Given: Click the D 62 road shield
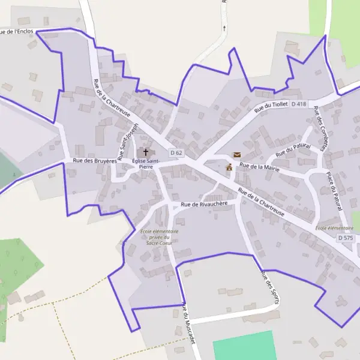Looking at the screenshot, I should click(176, 153).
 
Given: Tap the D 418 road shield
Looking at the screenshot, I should click(299, 104).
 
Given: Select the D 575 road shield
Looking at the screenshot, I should click(346, 238).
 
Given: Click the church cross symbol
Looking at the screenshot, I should click(145, 153).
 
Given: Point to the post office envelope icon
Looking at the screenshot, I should click(237, 155).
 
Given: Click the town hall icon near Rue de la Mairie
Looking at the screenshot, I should click(229, 167).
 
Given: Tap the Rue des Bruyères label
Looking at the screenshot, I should click(94, 161).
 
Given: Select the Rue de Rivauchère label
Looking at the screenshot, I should click(205, 204).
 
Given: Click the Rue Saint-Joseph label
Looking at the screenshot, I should click(128, 142).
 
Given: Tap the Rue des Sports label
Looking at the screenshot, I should click(269, 287).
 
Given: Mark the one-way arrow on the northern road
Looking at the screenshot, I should click(224, 28).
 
